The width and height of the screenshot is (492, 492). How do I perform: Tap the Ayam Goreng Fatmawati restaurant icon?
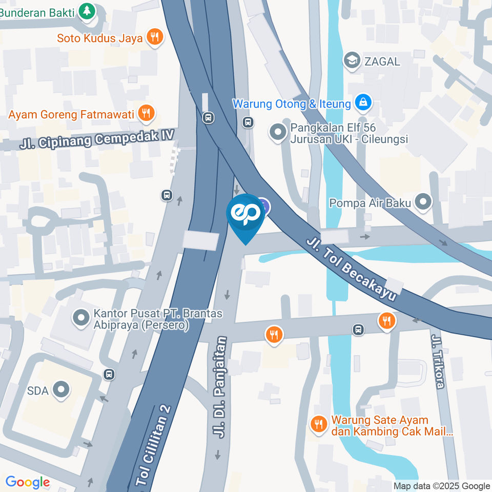[x=147, y=114]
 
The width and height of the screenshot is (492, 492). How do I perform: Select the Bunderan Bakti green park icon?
[x=88, y=11]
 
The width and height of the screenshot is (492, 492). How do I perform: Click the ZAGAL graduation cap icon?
[x=352, y=61]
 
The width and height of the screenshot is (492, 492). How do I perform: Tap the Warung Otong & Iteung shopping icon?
[x=363, y=104]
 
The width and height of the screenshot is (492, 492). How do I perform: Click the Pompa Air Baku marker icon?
[x=423, y=203]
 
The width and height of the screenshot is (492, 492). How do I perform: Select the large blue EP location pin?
[x=246, y=215]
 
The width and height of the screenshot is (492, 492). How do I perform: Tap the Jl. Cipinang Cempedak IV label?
[x=97, y=139]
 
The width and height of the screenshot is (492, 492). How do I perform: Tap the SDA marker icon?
[x=61, y=391]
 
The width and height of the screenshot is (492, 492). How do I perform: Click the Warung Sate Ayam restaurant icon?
[x=319, y=425]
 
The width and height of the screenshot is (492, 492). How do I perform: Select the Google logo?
[x=28, y=482]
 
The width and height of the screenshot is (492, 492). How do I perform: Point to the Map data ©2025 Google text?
[x=441, y=486]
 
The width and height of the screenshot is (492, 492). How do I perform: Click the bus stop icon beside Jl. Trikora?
[x=359, y=330]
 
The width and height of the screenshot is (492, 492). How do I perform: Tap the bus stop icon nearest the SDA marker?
[x=108, y=374]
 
